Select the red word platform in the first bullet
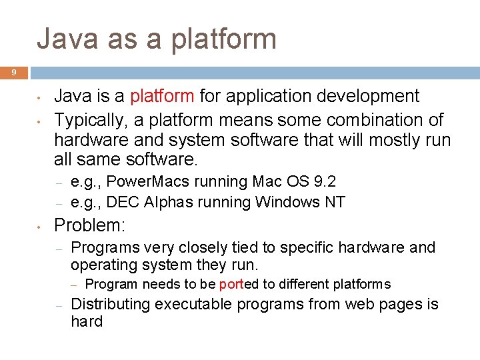pos(162,96)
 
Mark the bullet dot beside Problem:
pos(40,224)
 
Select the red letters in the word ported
pos(230,285)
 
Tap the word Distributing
pos(110,305)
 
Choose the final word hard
pos(87,322)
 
